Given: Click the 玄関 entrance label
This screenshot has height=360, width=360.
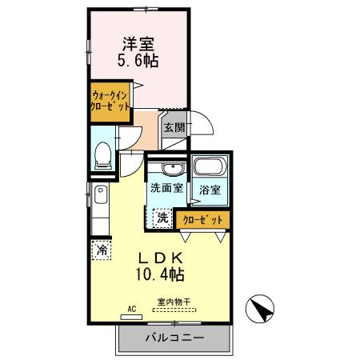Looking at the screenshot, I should point(174,126).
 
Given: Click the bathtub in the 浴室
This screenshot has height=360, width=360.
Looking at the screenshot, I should point(210,169).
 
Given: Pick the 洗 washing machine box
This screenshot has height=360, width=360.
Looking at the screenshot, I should point(161,217).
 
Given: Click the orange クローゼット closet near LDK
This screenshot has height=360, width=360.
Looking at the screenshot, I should point(202,218).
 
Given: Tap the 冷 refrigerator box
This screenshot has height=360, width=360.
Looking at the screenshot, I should point(102,250).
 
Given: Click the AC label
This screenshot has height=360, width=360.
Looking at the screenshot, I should point(131,306).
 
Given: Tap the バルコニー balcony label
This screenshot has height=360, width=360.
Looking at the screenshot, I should point(174,338).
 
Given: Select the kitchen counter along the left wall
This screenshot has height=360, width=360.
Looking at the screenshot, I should point(99,207).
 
